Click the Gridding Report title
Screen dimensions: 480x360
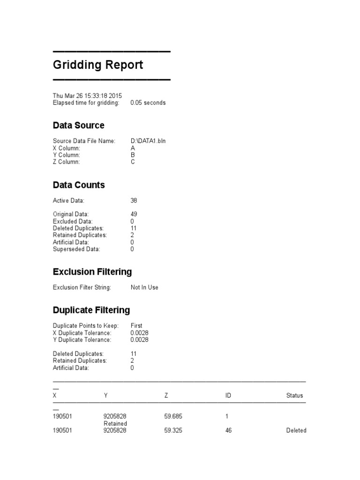(x=98, y=65)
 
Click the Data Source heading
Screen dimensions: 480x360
(x=78, y=125)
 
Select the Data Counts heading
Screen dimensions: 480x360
(x=79, y=185)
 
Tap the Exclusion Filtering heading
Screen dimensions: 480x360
(x=92, y=272)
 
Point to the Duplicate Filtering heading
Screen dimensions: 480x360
(x=91, y=310)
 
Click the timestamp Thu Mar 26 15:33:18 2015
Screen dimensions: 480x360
(x=87, y=96)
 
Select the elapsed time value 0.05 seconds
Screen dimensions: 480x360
(x=148, y=103)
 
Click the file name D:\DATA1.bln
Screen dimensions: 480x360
(x=148, y=141)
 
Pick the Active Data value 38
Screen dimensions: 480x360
(x=134, y=201)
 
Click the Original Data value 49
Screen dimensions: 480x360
(x=134, y=214)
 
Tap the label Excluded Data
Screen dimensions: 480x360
(x=73, y=221)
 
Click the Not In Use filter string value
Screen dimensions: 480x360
(x=144, y=287)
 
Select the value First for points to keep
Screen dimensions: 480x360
(x=136, y=325)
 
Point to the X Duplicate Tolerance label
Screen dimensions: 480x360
(x=82, y=332)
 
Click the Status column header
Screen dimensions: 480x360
(x=294, y=396)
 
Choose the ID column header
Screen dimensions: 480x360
(x=228, y=396)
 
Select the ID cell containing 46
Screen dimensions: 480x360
(x=228, y=430)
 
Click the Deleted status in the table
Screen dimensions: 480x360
(x=296, y=430)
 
